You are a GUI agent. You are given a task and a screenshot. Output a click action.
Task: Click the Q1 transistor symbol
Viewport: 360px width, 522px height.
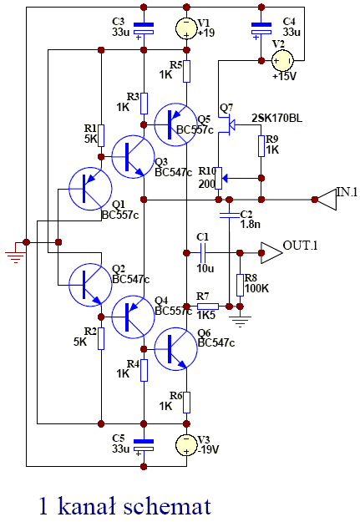(x=90, y=189)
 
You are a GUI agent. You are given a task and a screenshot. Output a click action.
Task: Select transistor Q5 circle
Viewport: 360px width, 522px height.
(x=176, y=124)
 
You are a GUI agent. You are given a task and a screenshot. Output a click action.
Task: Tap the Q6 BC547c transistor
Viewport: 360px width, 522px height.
(x=176, y=349)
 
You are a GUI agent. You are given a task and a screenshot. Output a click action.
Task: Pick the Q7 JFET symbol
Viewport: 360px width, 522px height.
(x=227, y=124)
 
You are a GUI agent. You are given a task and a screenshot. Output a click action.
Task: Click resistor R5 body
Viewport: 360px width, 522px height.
(x=186, y=71)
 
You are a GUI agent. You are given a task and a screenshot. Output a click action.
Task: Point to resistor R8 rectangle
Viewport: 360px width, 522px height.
(x=240, y=285)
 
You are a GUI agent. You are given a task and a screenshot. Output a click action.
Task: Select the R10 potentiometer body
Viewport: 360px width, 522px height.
(x=219, y=179)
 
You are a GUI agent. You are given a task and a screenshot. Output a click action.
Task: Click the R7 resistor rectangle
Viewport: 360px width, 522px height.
(x=208, y=307)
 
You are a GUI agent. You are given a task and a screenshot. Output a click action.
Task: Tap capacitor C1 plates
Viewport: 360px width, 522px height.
(x=203, y=253)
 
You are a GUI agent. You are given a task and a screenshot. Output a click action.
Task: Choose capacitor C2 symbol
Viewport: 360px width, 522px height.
(x=230, y=215)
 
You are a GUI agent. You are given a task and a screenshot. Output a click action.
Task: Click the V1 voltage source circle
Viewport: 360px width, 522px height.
(x=186, y=28)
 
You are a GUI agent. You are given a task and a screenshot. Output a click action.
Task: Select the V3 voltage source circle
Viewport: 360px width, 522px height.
(x=186, y=445)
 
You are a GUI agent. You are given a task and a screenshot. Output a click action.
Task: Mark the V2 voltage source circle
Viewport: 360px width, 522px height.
(x=282, y=61)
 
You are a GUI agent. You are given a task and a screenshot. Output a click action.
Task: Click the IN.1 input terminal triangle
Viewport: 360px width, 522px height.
(x=327, y=200)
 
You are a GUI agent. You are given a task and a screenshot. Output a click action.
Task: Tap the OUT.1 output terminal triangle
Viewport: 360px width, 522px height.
(x=271, y=253)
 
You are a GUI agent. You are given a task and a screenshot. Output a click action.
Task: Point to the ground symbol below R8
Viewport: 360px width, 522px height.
(x=240, y=320)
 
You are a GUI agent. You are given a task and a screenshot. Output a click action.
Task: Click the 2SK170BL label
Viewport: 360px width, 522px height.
(x=276, y=119)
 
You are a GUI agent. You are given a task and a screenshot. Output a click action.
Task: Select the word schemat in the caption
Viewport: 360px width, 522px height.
(x=168, y=506)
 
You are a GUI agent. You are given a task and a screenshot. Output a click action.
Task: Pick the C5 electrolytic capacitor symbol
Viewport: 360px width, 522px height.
(x=144, y=446)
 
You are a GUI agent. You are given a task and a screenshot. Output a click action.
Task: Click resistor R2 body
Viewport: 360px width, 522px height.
(x=101, y=338)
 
